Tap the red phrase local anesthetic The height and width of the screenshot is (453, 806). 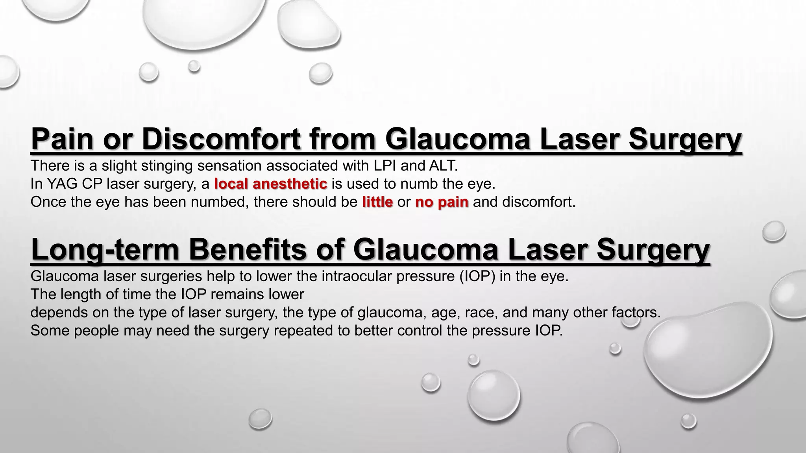271,184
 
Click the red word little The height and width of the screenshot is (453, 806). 377,202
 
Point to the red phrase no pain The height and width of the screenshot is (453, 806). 442,202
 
